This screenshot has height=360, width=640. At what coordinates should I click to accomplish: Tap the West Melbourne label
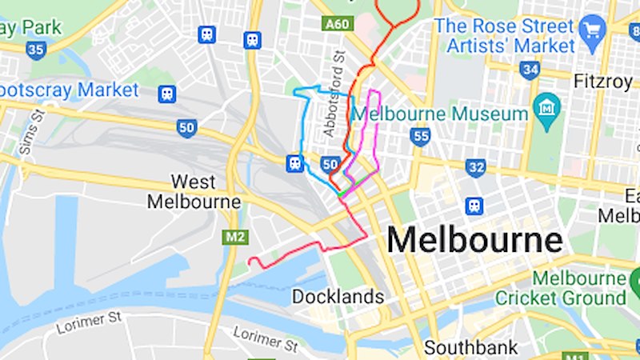(x=194, y=191)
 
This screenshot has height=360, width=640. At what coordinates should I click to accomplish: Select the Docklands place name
(x=338, y=297)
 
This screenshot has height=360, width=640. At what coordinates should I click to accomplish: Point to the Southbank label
(x=465, y=348)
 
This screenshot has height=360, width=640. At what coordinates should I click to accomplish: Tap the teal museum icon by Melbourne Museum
(x=548, y=106)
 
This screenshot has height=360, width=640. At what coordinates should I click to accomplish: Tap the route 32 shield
(x=476, y=167)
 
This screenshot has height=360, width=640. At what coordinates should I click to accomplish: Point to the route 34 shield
(x=529, y=70)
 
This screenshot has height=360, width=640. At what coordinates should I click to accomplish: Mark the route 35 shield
(x=35, y=50)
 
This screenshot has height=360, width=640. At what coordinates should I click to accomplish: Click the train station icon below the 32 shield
(x=474, y=206)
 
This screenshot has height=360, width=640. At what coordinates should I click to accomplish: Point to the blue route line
(x=302, y=128)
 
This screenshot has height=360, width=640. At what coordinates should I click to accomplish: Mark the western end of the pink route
(x=250, y=261)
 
